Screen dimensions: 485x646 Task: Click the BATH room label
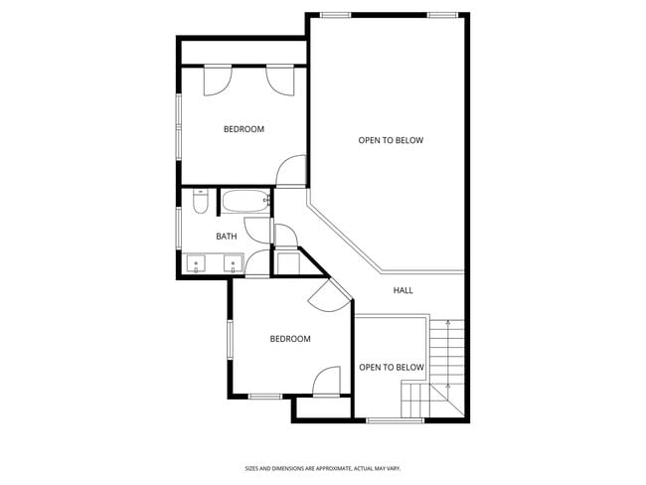coord(227,236)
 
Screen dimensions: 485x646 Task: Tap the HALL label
coord(403,290)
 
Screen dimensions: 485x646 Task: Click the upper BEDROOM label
coord(243,129)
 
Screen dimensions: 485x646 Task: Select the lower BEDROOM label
coord(290,339)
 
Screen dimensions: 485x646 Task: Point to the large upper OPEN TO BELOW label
coord(391,140)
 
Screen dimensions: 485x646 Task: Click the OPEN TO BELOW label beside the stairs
coord(391,368)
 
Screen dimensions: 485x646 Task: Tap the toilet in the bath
coord(199,204)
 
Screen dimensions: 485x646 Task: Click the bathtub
coord(245,203)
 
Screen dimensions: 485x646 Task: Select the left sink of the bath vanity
coord(197,265)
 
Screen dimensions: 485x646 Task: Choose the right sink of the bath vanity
coord(233,265)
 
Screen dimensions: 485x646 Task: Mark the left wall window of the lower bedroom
coord(230,340)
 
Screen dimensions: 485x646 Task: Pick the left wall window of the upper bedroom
coord(179,126)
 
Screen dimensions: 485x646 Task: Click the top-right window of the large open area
coord(442,15)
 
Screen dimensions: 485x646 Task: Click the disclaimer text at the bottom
coord(323,467)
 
